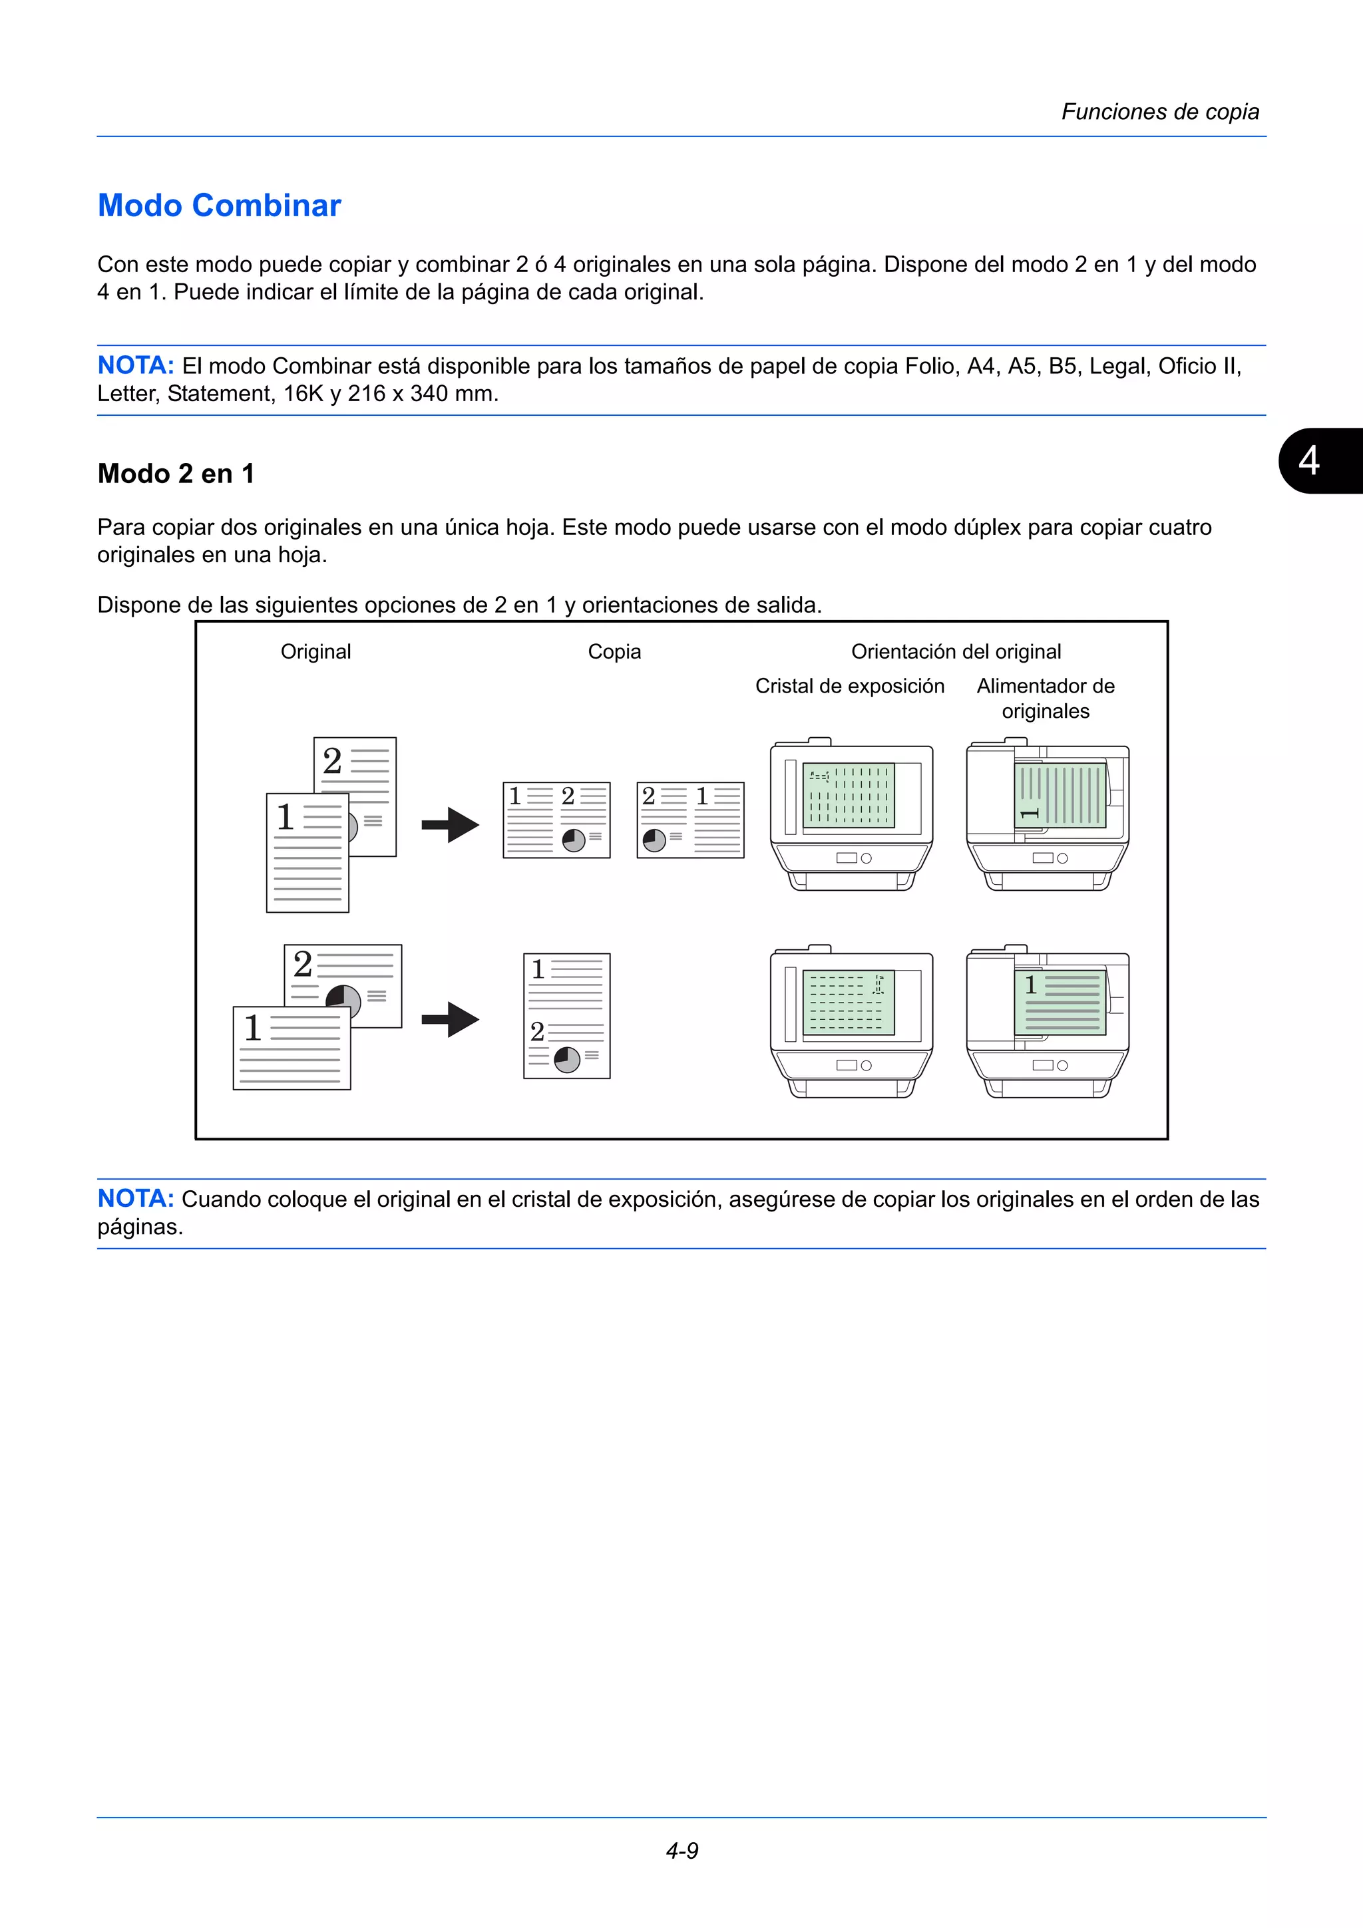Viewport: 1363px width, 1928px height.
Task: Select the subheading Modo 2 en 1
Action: [x=176, y=474]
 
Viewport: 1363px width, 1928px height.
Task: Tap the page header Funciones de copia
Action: [x=1160, y=112]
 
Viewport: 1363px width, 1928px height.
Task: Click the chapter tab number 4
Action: [x=1308, y=461]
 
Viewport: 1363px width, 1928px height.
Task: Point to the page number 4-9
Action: [x=682, y=1850]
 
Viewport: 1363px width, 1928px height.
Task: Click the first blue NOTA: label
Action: [x=135, y=366]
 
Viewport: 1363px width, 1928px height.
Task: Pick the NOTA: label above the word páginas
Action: [x=135, y=1198]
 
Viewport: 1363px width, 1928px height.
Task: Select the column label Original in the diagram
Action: [x=315, y=651]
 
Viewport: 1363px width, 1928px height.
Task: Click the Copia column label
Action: [x=614, y=651]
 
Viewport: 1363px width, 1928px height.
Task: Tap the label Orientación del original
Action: [x=956, y=651]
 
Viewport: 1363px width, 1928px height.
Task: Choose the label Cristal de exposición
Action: [x=849, y=686]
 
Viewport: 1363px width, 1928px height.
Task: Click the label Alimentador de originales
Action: [x=1046, y=699]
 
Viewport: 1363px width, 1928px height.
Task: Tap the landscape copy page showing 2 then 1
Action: [x=690, y=820]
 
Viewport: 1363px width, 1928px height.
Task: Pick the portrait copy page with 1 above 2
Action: [x=567, y=1015]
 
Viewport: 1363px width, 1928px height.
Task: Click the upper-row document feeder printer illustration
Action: [x=1048, y=814]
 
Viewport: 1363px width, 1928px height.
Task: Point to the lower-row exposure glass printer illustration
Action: [x=852, y=1022]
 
